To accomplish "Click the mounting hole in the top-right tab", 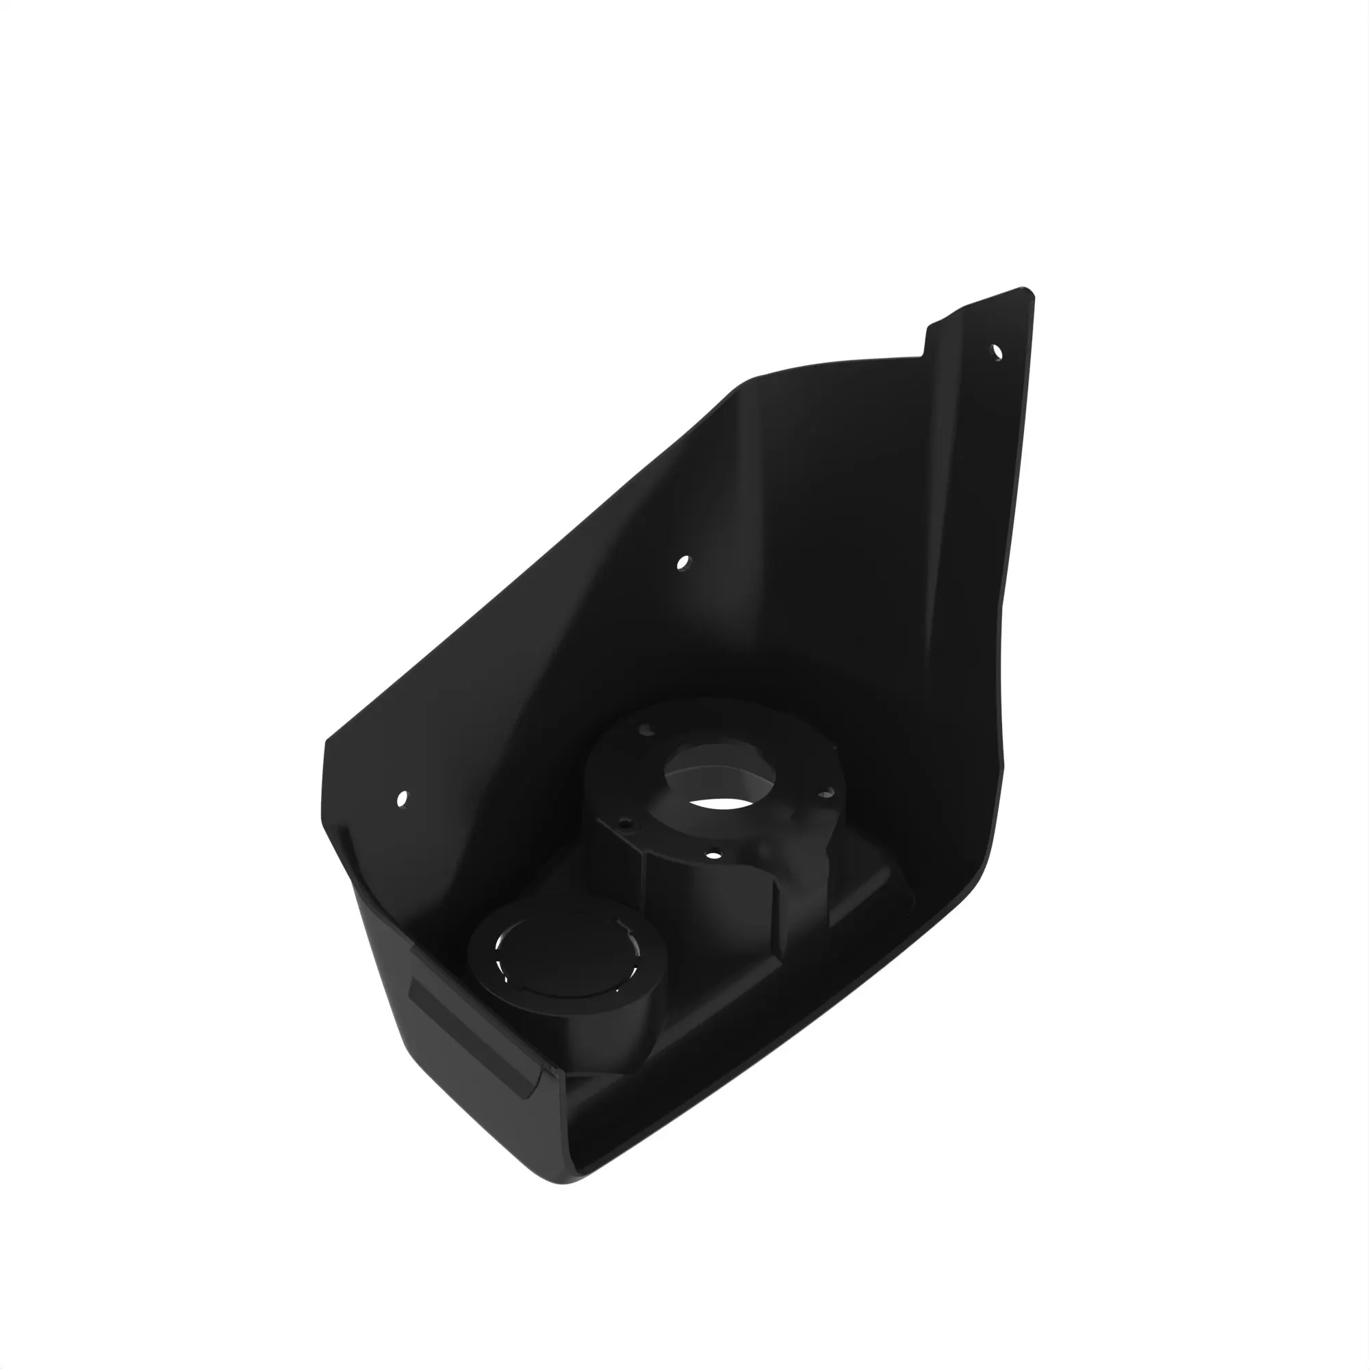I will (996, 351).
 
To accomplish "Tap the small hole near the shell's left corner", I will (402, 799).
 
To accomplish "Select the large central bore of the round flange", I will (719, 780).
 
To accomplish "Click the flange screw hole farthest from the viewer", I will (645, 729).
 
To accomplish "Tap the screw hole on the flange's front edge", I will (714, 855).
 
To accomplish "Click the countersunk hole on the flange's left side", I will (625, 824).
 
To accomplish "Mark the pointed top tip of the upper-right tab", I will (1025, 289).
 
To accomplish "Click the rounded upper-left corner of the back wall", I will (744, 386).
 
